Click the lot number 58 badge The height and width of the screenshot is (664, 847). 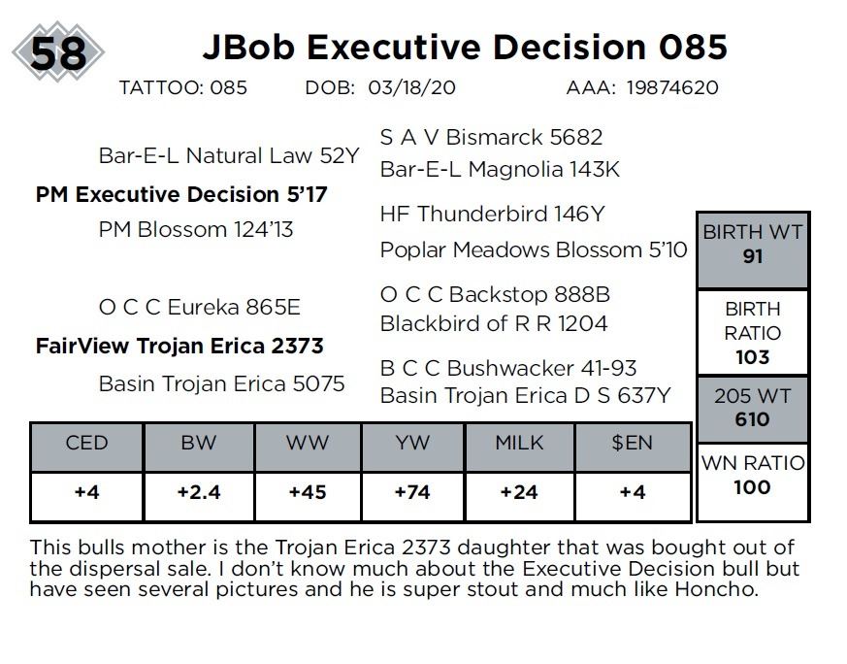(58, 52)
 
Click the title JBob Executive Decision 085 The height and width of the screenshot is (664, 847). (464, 47)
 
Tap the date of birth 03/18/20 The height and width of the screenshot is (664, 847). (411, 87)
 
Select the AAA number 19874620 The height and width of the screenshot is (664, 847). (671, 87)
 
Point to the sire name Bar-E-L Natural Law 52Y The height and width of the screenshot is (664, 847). (229, 156)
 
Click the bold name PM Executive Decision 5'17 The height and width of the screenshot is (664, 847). (181, 194)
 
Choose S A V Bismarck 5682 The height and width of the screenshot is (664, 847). (491, 138)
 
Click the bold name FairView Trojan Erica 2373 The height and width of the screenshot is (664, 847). (179, 346)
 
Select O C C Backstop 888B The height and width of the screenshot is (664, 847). (495, 294)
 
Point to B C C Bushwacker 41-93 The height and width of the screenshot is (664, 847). (508, 369)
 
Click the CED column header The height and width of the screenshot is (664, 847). (86, 444)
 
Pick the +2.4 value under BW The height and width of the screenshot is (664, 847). (199, 493)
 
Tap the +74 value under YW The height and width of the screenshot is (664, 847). (412, 493)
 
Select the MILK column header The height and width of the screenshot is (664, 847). (519, 444)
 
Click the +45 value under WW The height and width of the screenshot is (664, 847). (308, 493)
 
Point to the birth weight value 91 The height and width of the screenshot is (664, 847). (752, 257)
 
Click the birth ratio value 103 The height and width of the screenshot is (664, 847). (752, 357)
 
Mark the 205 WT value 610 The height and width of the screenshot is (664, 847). (752, 420)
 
